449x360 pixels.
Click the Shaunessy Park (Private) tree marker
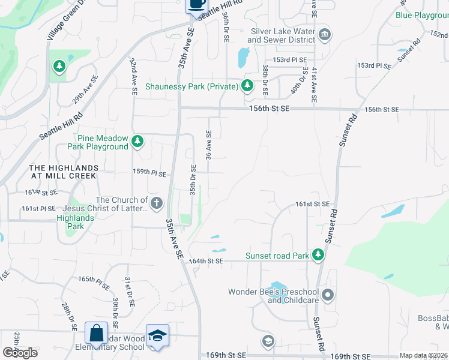[247, 86]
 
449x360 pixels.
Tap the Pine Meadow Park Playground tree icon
[138, 142]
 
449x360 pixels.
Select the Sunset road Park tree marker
[318, 256]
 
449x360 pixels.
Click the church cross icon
[157, 203]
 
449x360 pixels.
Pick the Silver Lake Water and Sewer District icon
[325, 34]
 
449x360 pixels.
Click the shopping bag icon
[96, 333]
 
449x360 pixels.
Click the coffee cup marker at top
[196, 4]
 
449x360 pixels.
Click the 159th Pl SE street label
[149, 173]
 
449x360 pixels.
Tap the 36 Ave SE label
[209, 145]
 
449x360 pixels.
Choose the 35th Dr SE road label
[193, 179]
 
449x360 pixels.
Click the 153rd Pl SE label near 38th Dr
[290, 60]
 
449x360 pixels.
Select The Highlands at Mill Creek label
[64, 172]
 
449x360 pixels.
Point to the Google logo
[19, 352]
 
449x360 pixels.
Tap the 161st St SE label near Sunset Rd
[312, 204]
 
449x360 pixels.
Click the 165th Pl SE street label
[94, 280]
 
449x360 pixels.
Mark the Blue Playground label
[423, 15]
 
